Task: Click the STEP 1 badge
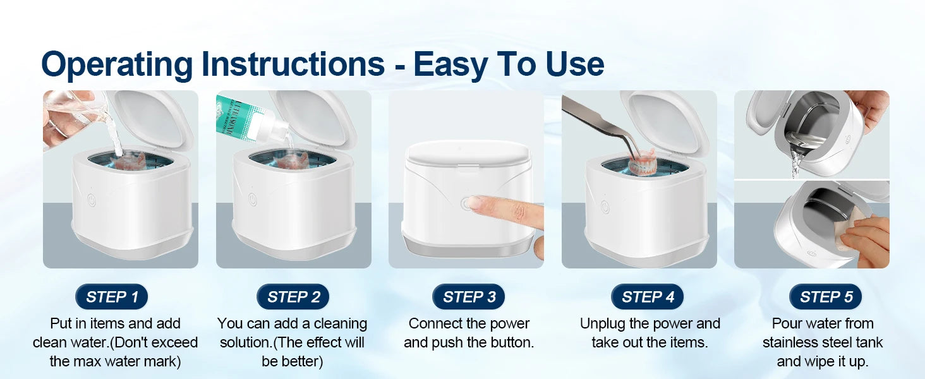111,297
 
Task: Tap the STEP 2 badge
293,297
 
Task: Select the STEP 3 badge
469,297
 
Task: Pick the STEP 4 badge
648,297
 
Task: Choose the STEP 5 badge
826,297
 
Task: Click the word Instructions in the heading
293,64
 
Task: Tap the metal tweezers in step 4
600,123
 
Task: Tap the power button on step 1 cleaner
92,200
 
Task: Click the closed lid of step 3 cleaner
466,155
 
